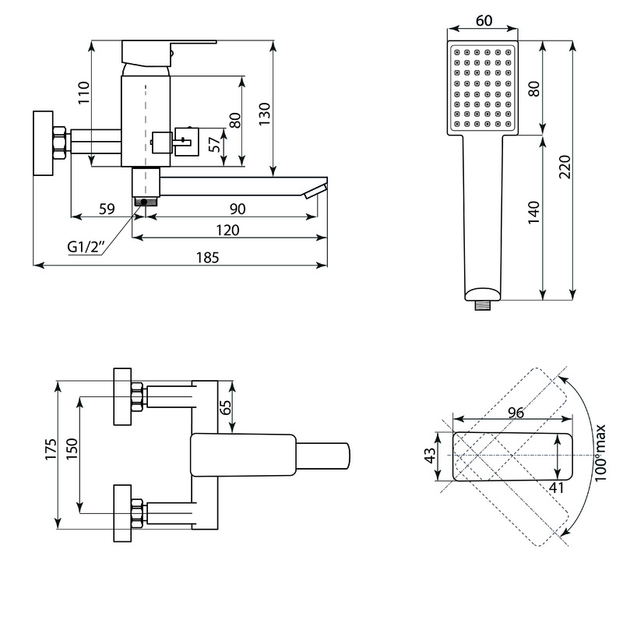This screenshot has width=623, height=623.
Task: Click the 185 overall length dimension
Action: click(x=207, y=258)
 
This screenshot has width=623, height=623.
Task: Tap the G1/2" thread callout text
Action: click(x=86, y=247)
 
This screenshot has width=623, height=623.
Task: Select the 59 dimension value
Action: click(x=107, y=209)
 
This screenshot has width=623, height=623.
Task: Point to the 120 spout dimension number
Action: click(x=227, y=231)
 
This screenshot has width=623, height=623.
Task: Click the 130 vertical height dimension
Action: click(x=265, y=114)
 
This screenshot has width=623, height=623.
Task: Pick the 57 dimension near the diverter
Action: click(x=215, y=144)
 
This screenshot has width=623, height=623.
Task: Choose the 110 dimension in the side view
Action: click(x=84, y=93)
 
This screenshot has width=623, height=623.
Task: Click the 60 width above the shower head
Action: click(x=484, y=21)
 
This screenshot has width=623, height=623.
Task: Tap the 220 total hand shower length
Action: click(x=565, y=167)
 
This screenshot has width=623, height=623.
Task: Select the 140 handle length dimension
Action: click(x=534, y=213)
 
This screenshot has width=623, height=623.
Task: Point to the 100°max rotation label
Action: click(x=600, y=452)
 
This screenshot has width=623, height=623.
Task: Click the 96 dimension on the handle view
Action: click(x=516, y=413)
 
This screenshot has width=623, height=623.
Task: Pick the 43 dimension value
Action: click(x=431, y=456)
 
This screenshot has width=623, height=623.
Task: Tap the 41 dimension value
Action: click(x=556, y=487)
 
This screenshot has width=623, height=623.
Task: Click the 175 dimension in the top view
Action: click(x=51, y=449)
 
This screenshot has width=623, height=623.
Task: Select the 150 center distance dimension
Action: click(x=72, y=449)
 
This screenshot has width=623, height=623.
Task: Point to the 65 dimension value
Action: click(x=225, y=407)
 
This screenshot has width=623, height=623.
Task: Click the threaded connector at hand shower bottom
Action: click(x=483, y=305)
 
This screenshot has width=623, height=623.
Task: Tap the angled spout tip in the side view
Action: click(x=316, y=191)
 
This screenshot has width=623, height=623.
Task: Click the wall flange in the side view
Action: click(x=43, y=143)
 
